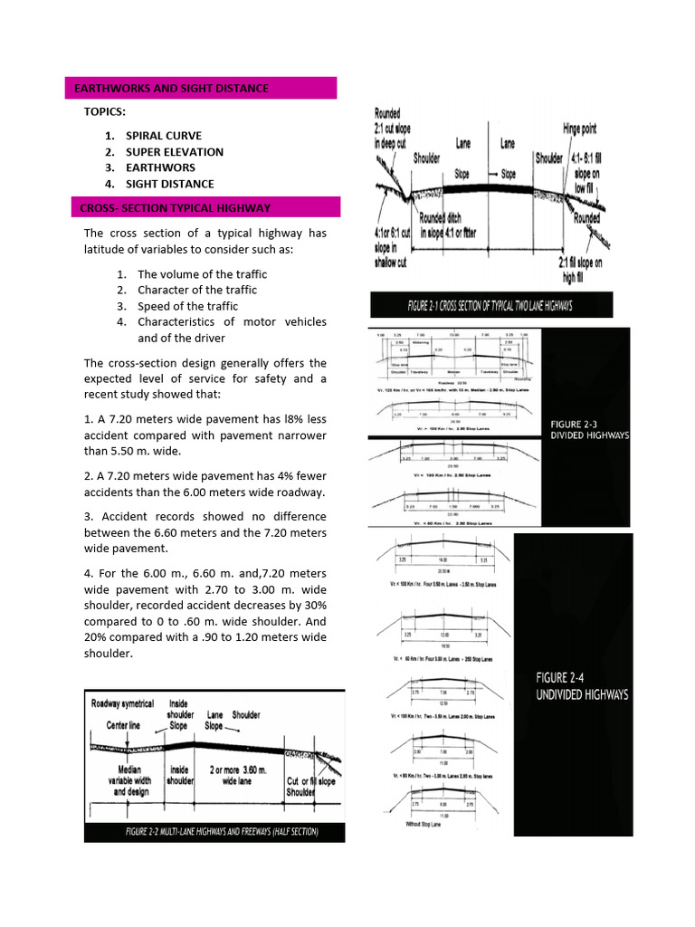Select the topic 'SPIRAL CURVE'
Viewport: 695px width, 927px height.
[x=164, y=136]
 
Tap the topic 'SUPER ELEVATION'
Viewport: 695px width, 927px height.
[x=175, y=152]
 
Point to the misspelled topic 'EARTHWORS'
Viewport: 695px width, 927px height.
[x=160, y=167]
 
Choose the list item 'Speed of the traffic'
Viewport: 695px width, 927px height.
[x=188, y=306]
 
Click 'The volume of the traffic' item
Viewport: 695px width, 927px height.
[x=202, y=273]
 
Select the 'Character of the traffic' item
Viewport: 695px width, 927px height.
[x=197, y=290]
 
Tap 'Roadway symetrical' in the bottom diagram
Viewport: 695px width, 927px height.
[x=122, y=703]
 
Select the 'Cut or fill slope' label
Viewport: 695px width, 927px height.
[x=310, y=781]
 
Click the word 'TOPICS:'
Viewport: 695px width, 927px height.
[x=105, y=111]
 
